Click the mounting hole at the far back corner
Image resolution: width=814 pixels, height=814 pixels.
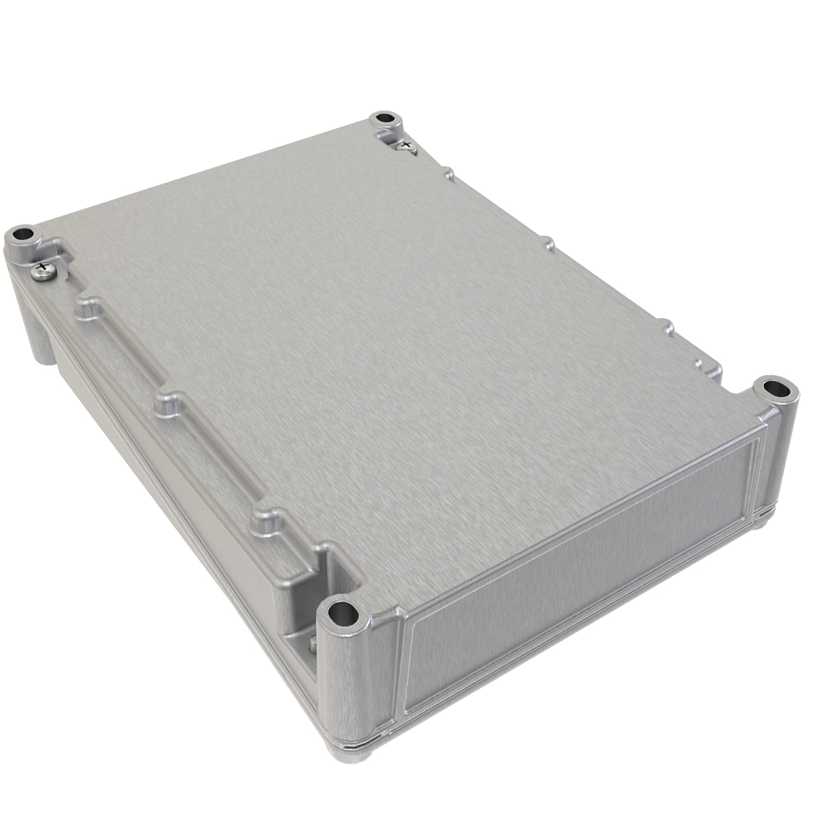[x=385, y=119]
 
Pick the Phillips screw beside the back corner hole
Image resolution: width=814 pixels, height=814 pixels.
[x=405, y=144]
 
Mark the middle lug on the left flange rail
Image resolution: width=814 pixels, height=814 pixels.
[x=168, y=403]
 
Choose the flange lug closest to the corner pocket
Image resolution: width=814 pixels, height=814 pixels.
[x=267, y=519]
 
